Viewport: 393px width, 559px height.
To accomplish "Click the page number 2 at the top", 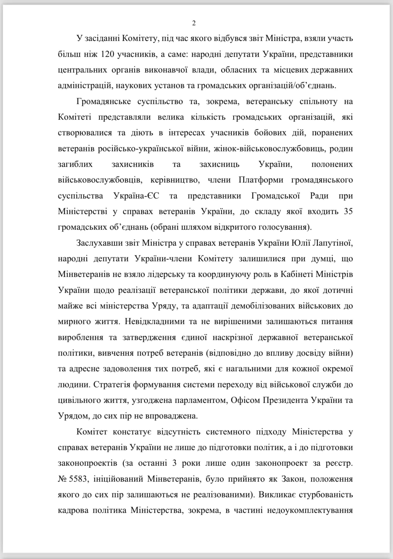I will (x=194, y=23).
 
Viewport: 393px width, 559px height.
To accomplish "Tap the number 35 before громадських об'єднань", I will (x=348, y=211).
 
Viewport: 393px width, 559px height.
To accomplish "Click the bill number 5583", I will (x=78, y=479).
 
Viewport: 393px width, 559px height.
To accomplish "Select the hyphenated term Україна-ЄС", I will (x=136, y=196).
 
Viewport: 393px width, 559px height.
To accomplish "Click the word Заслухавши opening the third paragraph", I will (x=99, y=243).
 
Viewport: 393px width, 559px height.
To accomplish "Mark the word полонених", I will (x=332, y=164).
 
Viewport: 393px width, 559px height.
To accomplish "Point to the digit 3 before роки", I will (x=174, y=463).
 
